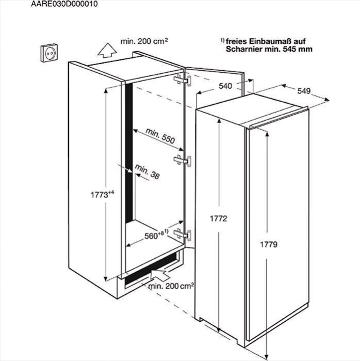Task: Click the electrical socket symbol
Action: tap(49, 53)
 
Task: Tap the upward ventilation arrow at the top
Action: tap(107, 50)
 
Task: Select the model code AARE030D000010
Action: tap(64, 4)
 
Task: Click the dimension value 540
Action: tap(225, 86)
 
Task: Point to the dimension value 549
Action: tap(304, 91)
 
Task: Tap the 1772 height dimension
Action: tap(218, 218)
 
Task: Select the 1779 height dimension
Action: tap(269, 244)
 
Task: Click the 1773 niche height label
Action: tap(102, 195)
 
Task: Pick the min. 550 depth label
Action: tap(160, 136)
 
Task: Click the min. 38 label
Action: tap(147, 171)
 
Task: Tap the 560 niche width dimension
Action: tap(156, 234)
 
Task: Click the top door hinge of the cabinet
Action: tap(183, 80)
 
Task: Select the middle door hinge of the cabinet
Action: tap(183, 161)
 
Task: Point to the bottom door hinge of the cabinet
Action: tap(183, 234)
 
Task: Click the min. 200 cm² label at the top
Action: tap(144, 41)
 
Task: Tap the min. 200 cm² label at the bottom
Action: tap(171, 286)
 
